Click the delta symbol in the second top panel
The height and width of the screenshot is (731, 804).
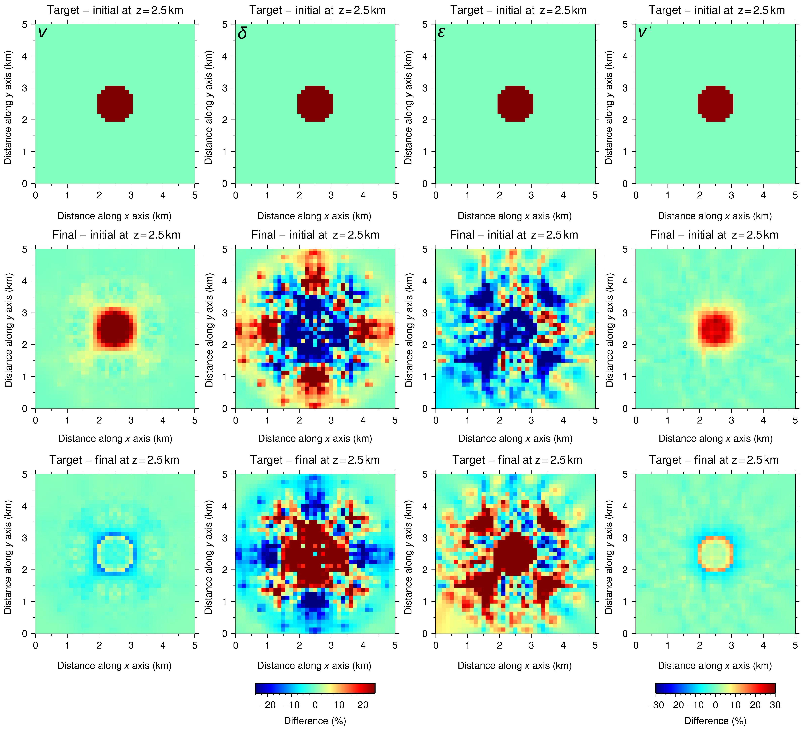click(x=242, y=33)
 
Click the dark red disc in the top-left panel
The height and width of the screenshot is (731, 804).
click(x=115, y=103)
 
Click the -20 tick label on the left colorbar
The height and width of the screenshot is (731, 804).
click(x=267, y=705)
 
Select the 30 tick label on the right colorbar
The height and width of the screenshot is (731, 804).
click(x=775, y=705)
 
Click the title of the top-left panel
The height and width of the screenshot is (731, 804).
click(x=115, y=10)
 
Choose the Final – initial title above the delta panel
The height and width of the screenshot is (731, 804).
click(x=315, y=235)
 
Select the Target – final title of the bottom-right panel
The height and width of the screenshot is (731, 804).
click(x=714, y=460)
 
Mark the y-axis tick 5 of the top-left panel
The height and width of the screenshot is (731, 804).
click(x=25, y=24)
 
